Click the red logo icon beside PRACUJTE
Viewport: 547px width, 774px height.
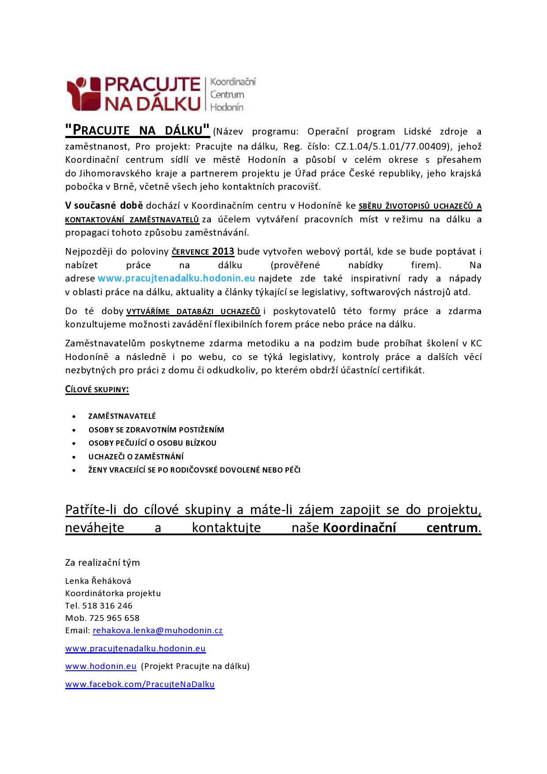(84, 94)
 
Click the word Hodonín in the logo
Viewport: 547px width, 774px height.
(227, 107)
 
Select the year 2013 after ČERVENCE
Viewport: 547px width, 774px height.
(223, 252)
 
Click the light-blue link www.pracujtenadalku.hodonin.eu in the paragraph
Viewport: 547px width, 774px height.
(176, 278)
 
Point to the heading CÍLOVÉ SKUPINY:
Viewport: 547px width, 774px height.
(97, 390)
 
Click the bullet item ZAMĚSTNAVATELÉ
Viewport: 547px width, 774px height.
(122, 416)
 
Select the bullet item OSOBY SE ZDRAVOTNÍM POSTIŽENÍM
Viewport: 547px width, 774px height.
(156, 430)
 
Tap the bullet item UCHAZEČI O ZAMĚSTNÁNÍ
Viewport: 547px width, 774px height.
(136, 457)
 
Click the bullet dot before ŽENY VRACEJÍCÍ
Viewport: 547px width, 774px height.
(74, 470)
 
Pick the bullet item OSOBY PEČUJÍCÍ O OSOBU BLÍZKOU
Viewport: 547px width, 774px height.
(152, 443)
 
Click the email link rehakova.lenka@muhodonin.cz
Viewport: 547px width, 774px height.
(157, 631)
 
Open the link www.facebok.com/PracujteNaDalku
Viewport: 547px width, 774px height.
(140, 684)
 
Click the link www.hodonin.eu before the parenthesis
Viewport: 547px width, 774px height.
(101, 666)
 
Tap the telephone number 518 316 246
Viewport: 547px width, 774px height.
(107, 606)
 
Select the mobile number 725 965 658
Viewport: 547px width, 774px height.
(114, 618)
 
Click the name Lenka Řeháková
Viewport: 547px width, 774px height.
(98, 581)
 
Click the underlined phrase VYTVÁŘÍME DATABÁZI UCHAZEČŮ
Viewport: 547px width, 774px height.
(193, 312)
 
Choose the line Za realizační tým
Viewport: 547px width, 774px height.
(102, 563)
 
